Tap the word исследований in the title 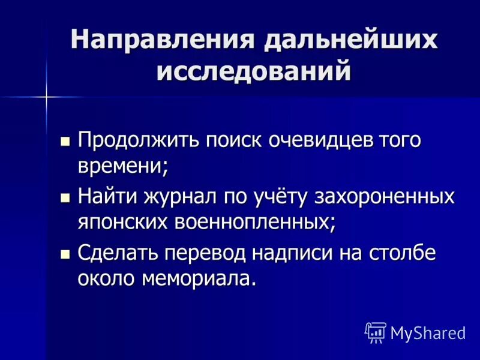[x=253, y=71]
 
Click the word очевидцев [x=321, y=141]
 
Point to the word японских [x=123, y=221]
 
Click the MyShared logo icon [x=376, y=331]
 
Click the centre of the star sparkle [x=46, y=96]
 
